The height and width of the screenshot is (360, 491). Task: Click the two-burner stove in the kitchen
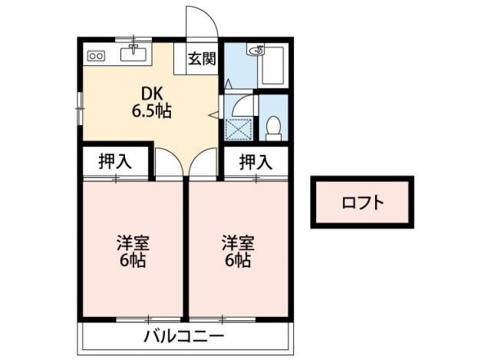click(x=96, y=55)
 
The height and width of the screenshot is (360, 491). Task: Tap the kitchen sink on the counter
click(x=136, y=53)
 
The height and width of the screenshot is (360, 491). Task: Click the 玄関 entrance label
click(x=203, y=58)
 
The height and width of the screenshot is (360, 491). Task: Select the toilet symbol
click(x=273, y=127)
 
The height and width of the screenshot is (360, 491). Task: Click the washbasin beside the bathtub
click(x=255, y=51)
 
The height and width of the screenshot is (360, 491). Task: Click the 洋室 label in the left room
click(x=132, y=244)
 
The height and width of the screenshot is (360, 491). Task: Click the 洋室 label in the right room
click(x=238, y=244)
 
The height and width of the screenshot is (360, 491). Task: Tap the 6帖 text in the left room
click(x=132, y=260)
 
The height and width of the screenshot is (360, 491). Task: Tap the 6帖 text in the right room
click(x=238, y=260)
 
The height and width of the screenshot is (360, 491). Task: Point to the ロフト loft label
click(x=362, y=203)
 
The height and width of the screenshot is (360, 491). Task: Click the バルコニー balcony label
click(x=184, y=337)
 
